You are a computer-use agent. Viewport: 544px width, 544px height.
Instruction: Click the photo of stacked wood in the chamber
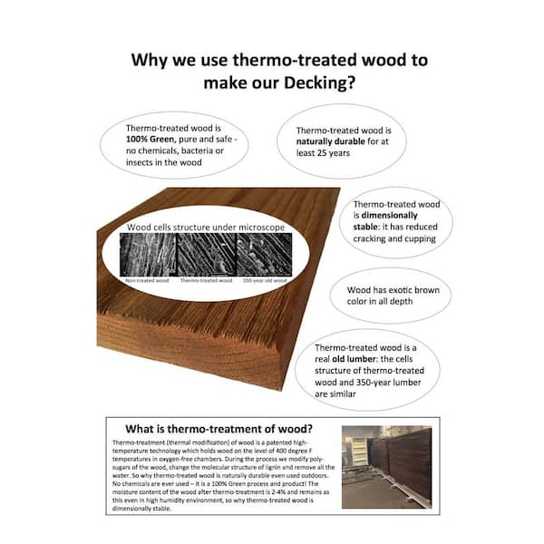[387, 465]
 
